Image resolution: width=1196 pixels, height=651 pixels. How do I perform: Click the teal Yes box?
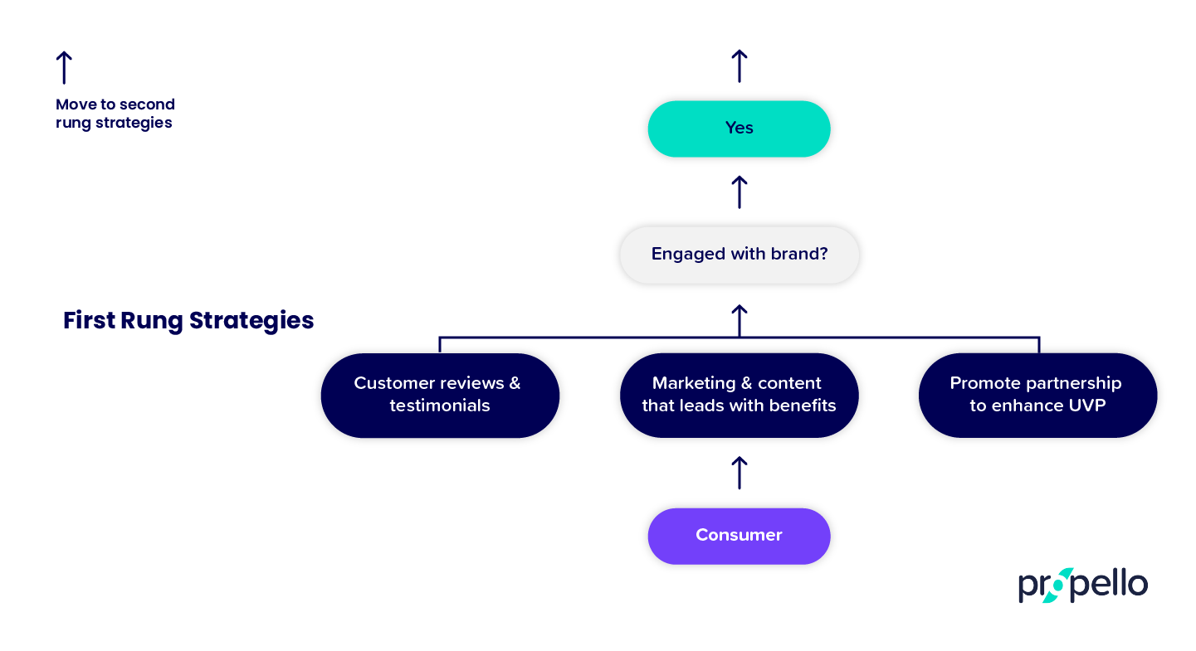(739, 129)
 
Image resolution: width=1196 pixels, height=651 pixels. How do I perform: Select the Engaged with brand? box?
(739, 255)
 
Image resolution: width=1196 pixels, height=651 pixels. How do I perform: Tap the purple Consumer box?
(739, 536)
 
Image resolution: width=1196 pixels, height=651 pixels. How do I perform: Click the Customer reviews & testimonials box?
(440, 395)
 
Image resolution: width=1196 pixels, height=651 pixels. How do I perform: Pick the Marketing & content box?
(739, 395)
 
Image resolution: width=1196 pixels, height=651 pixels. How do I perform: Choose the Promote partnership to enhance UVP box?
(1037, 395)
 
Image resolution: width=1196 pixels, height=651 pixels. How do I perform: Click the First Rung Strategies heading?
(188, 321)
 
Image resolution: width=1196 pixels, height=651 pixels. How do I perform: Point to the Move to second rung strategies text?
(115, 114)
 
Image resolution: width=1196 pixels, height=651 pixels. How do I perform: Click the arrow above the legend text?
(64, 67)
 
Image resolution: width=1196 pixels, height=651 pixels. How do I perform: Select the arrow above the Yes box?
(739, 66)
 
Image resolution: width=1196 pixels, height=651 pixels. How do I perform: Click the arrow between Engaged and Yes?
(739, 192)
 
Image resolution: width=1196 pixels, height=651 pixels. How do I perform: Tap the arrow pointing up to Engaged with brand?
(739, 320)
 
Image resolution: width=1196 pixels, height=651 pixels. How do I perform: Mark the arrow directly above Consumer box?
(739, 473)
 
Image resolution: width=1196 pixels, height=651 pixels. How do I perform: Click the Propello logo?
(1083, 585)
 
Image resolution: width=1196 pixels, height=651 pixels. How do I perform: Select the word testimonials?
(440, 406)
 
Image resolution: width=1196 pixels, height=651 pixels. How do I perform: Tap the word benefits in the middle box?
(801, 406)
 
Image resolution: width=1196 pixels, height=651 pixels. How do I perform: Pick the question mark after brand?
(823, 255)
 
